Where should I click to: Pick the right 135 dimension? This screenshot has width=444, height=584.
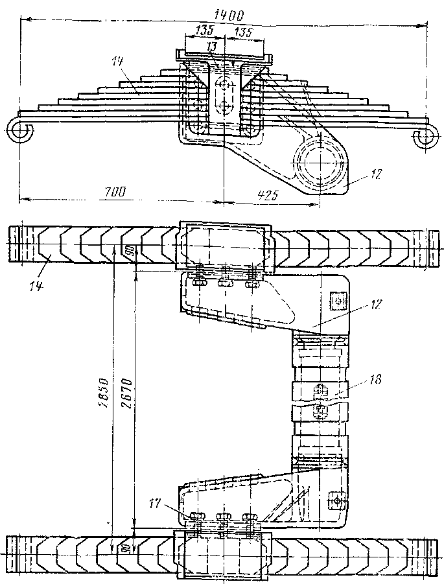coord(244,32)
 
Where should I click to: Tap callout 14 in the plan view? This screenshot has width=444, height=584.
coord(38,266)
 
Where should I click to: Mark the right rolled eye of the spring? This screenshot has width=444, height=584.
coord(424,138)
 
